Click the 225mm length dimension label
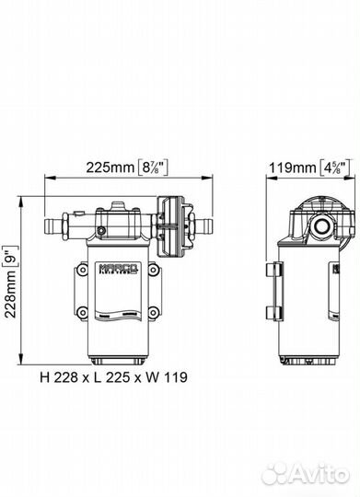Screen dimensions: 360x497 110,167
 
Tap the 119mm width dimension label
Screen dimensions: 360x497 293,168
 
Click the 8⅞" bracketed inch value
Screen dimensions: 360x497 154,167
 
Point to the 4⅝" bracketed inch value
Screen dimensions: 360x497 335,168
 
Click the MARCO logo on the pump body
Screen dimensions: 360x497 118,267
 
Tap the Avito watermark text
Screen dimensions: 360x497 307,474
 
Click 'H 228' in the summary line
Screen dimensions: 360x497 59,377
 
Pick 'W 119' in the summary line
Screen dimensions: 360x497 168,377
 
